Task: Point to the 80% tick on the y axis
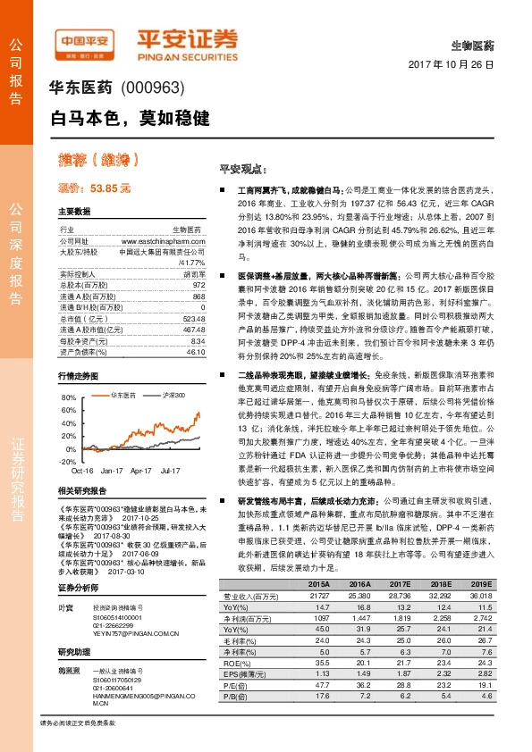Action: (x=69, y=397)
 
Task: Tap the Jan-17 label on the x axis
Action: (x=112, y=470)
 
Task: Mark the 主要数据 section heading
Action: (x=74, y=212)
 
